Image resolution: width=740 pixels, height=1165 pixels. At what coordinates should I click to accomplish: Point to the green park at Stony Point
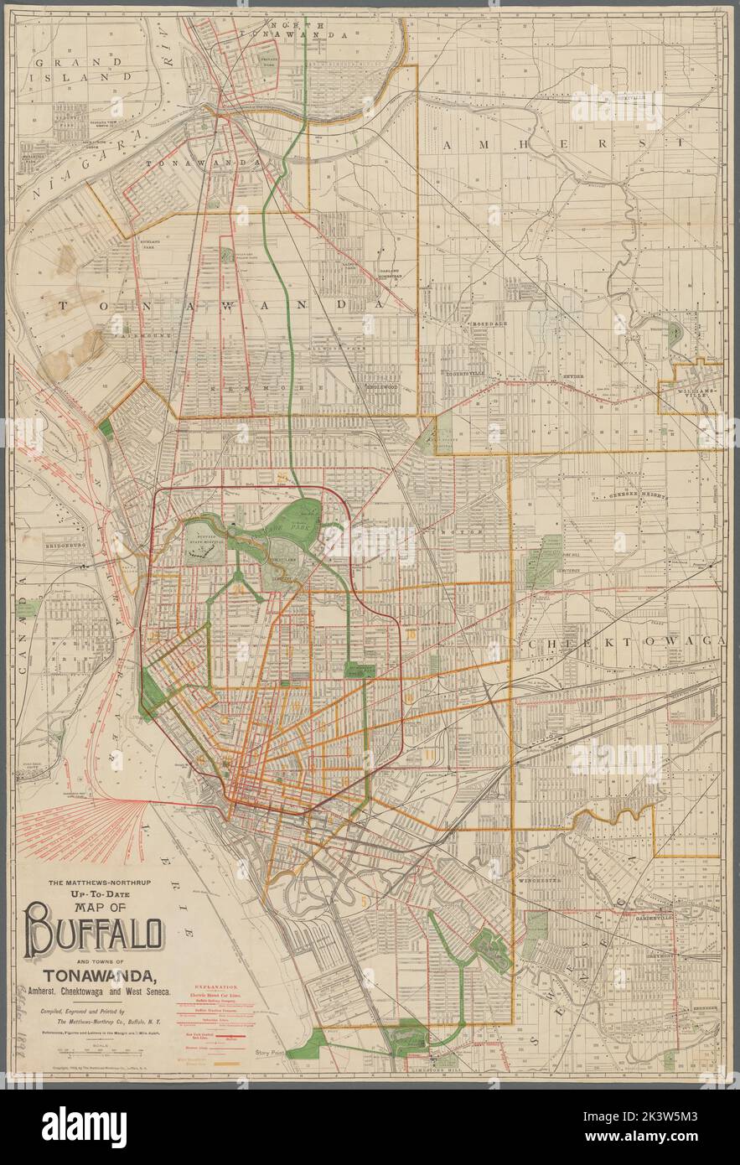(411, 1033)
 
